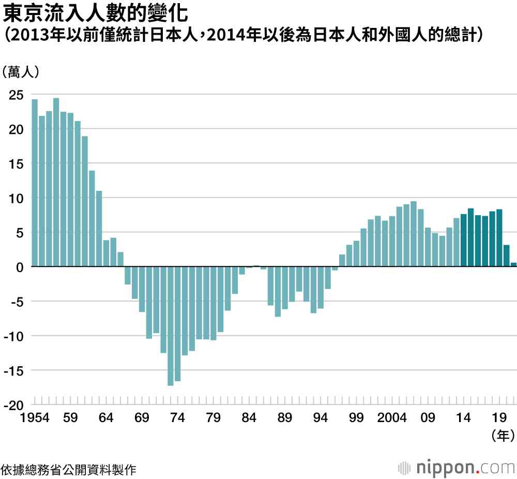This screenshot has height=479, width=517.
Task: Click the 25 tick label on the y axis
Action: tap(16, 95)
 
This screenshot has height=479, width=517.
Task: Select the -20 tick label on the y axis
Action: tap(13, 405)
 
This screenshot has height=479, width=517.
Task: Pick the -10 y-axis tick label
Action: tap(13, 336)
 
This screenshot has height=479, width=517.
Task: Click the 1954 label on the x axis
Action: tap(35, 418)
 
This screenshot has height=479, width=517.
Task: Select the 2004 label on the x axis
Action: tap(392, 418)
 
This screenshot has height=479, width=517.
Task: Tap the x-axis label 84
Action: tap(249, 418)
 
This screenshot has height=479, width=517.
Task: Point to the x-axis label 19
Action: tap(499, 418)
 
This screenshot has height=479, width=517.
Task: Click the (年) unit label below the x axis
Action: tap(501, 436)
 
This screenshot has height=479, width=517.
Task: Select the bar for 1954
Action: tap(35, 183)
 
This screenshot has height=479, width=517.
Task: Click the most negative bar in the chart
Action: tap(171, 326)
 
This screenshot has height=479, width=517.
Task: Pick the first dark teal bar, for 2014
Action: tap(464, 241)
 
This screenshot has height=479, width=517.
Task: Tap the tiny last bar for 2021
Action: tap(513, 265)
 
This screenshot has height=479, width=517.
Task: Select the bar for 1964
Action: tap(106, 253)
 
